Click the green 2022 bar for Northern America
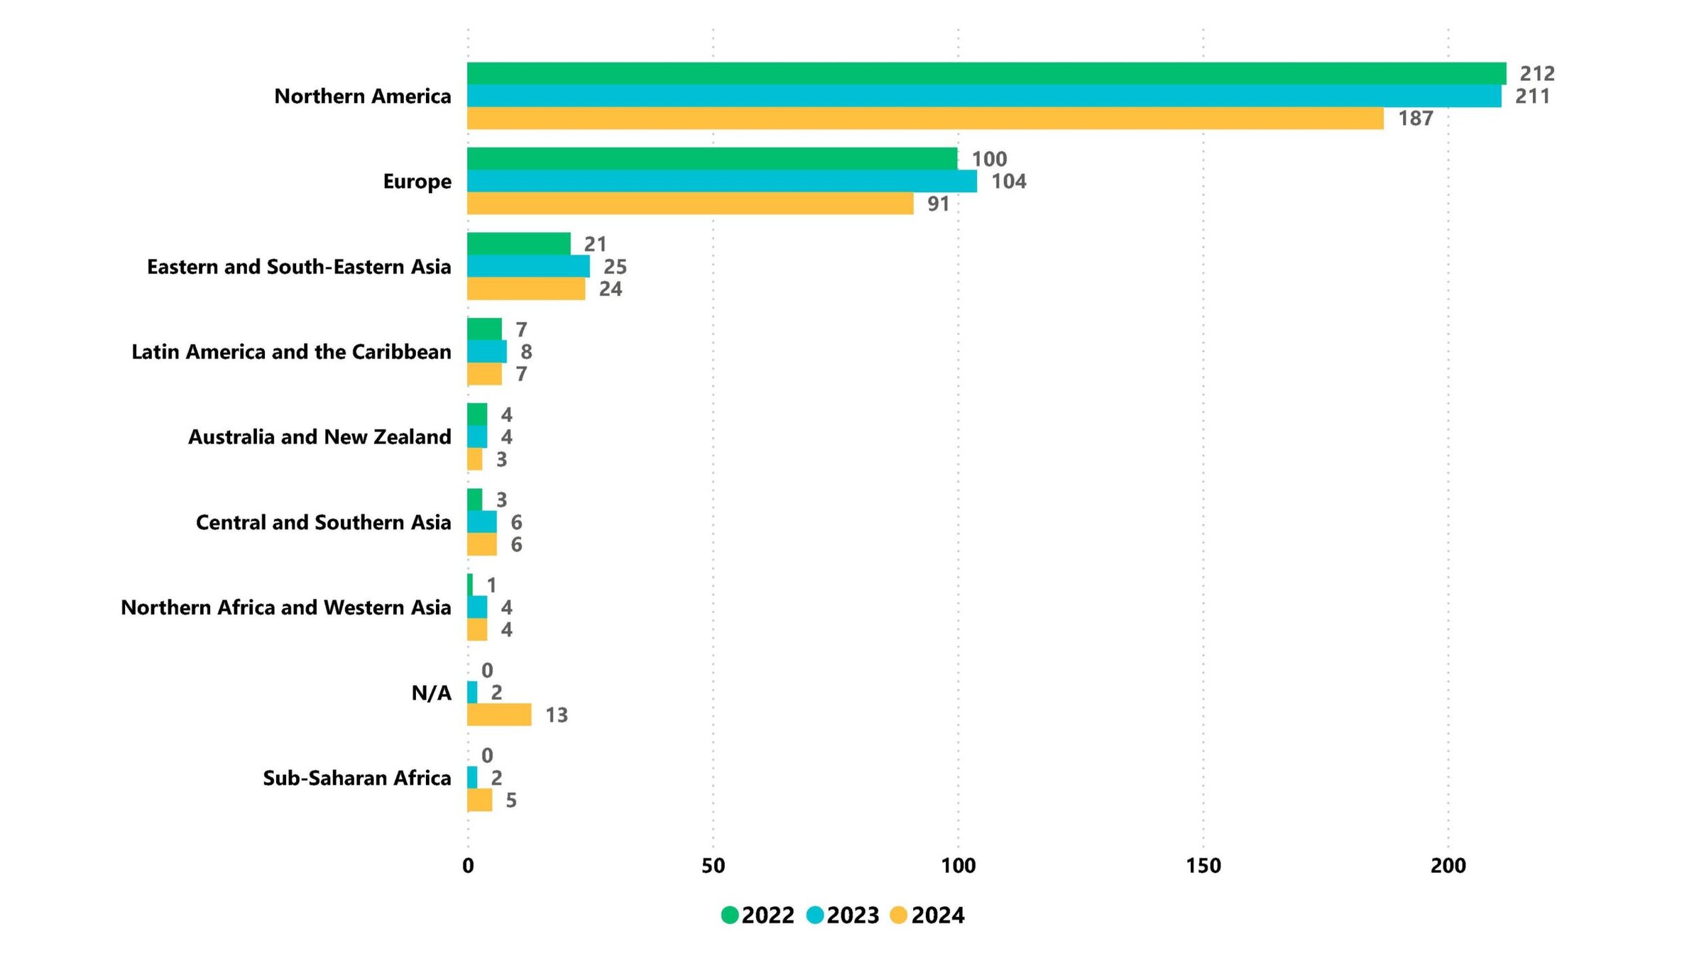tap(986, 73)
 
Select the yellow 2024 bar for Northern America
tap(925, 119)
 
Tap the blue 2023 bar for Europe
tap(721, 181)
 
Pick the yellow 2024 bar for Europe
tap(690, 204)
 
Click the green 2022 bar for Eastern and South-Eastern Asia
tap(518, 243)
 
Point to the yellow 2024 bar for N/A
tap(499, 715)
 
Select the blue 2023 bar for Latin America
tap(487, 351)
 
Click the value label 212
tap(1537, 73)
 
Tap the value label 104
tap(1008, 181)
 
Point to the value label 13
tap(556, 715)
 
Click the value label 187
tap(1415, 119)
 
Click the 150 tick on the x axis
tap(1203, 866)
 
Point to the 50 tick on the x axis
tap(713, 866)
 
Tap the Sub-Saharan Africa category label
tap(356, 778)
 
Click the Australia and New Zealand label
tap(319, 436)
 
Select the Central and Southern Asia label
tap(323, 522)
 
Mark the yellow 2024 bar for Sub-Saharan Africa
tap(480, 800)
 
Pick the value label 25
tap(615, 266)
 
